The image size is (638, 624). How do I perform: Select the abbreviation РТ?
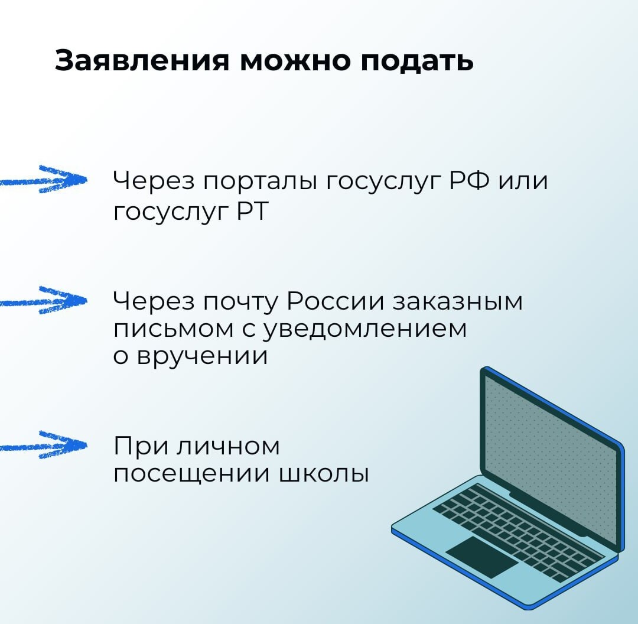pyautogui.click(x=253, y=211)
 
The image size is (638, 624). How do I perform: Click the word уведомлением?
pyautogui.click(x=364, y=329)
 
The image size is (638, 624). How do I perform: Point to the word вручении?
pyautogui.click(x=202, y=356)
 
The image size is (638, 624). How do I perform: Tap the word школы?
pyautogui.click(x=323, y=474)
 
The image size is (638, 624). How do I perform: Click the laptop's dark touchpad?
pyautogui.click(x=481, y=557)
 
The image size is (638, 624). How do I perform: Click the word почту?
pyautogui.click(x=240, y=303)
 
